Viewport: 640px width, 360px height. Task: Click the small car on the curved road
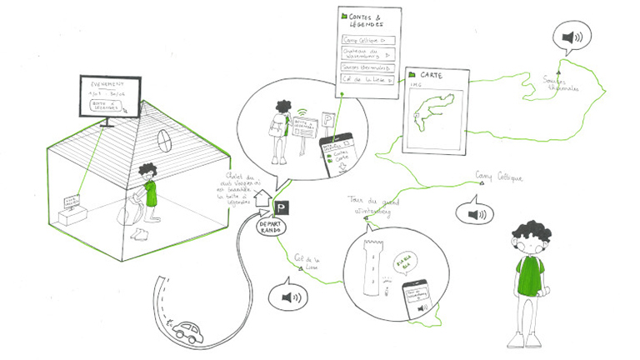point(188,331)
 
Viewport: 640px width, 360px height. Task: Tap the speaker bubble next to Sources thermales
point(572,37)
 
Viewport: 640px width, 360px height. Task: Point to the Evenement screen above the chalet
point(109,98)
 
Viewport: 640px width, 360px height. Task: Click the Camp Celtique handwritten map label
point(498,177)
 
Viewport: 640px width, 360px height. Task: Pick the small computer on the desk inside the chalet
point(72,202)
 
